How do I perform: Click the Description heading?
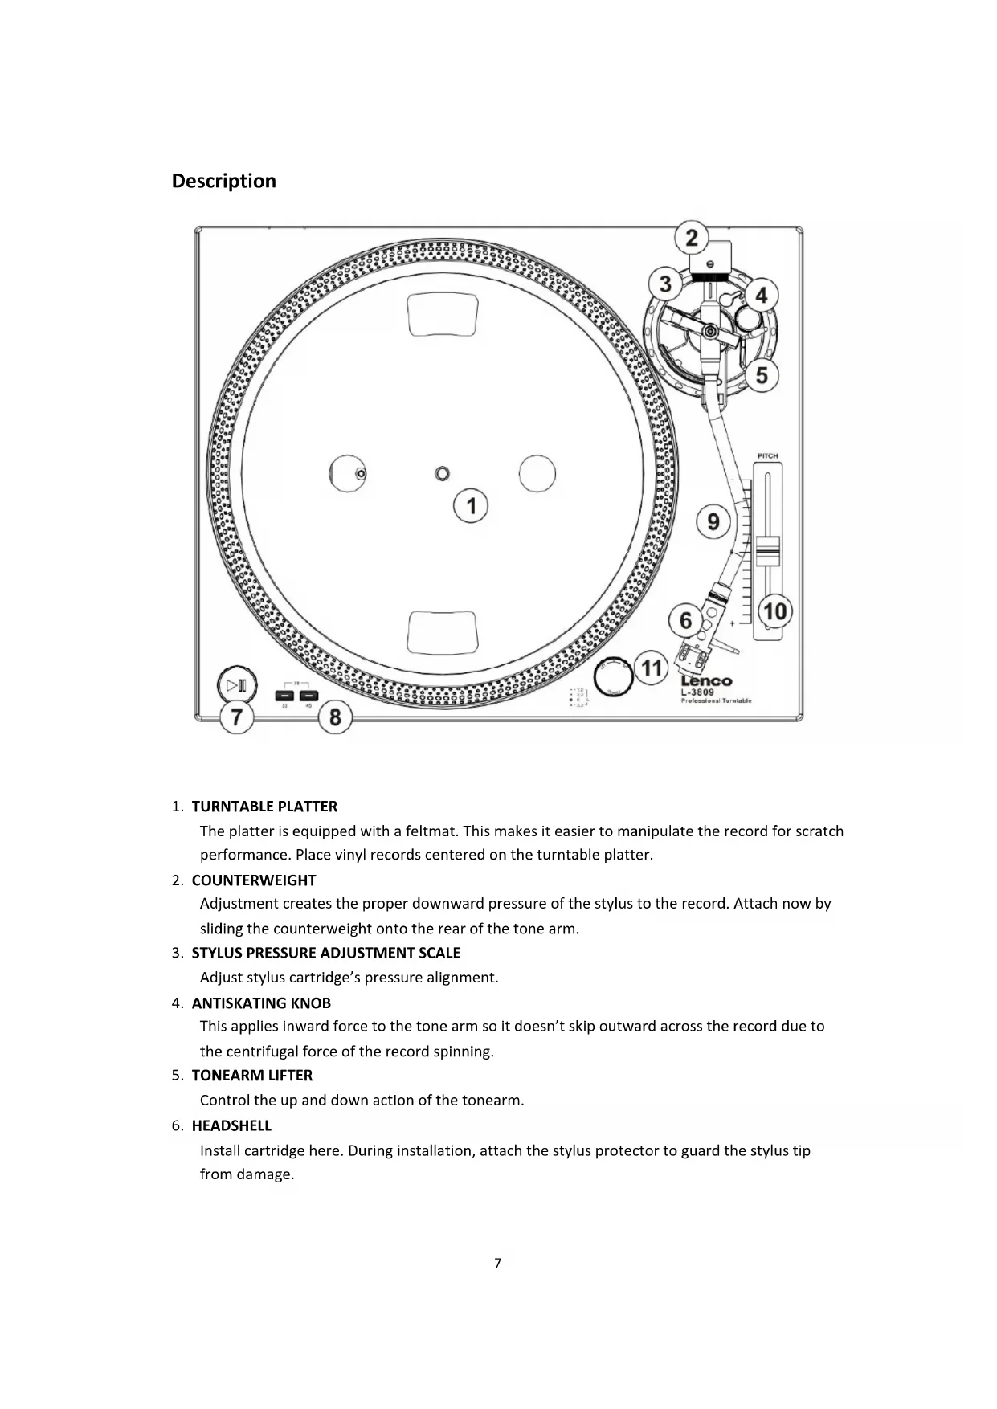223,181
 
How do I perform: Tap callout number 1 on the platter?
471,505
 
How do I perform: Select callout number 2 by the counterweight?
691,238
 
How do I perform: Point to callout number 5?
762,375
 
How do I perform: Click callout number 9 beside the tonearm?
713,522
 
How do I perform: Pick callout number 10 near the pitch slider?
774,611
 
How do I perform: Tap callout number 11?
652,668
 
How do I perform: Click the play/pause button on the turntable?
237,685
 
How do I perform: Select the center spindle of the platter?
442,473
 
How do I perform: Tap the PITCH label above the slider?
767,455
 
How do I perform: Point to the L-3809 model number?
697,692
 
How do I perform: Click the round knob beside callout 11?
613,676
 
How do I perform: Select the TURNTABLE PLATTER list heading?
264,807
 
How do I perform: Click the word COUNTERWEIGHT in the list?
254,880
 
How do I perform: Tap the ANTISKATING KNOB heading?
261,1003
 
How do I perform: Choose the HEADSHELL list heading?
231,1126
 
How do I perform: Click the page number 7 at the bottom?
497,1263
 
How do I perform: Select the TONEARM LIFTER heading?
252,1076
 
